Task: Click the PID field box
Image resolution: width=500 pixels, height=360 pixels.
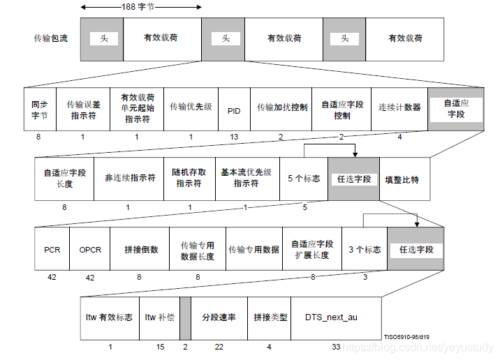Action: click(234, 109)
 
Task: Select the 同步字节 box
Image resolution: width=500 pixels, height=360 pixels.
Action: click(39, 109)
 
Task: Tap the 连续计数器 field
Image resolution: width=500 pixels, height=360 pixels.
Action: click(399, 109)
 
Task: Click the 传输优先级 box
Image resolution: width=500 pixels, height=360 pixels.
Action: click(191, 109)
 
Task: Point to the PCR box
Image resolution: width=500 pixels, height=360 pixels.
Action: click(52, 249)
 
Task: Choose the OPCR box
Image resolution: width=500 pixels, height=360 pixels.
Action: click(90, 249)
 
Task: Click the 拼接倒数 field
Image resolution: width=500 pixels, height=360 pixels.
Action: click(140, 249)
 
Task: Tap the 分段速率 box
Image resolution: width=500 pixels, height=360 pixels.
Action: click(218, 317)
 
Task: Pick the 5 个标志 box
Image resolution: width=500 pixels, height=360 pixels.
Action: click(304, 179)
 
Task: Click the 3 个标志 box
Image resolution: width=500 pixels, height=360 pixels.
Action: click(365, 249)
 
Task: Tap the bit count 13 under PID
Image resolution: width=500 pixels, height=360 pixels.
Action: click(234, 137)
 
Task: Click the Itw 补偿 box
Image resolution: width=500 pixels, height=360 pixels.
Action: click(159, 317)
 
